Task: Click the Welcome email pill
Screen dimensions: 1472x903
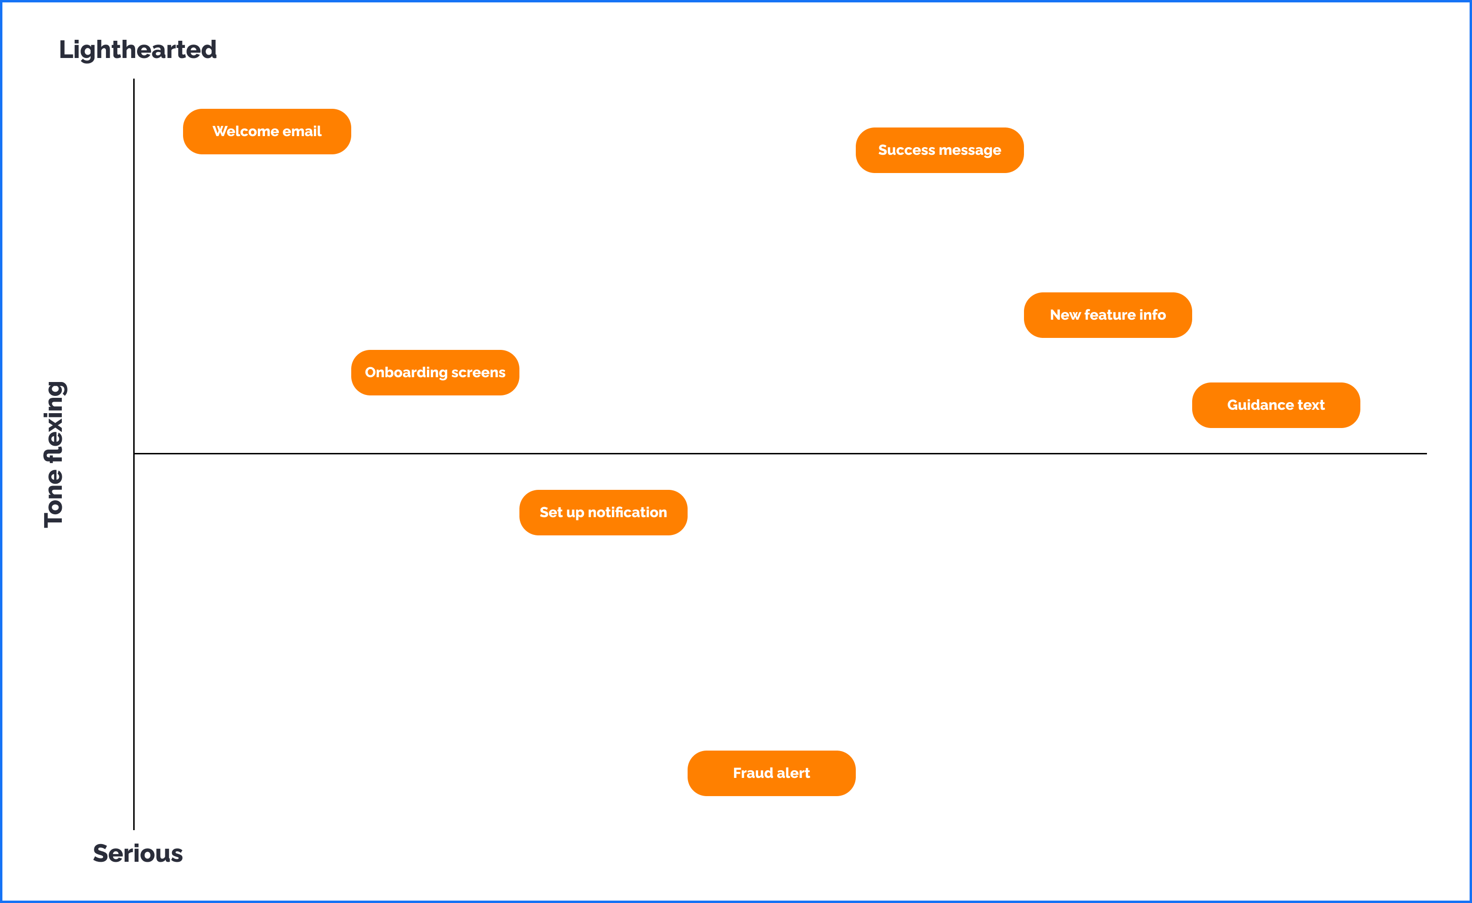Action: [x=266, y=131]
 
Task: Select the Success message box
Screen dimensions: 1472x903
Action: [x=939, y=150]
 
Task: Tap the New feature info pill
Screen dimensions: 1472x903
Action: [x=1107, y=315]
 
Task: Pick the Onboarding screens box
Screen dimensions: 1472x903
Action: [x=435, y=372]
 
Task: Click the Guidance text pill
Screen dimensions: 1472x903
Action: [x=1276, y=405]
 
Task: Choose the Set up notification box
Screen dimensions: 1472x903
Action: [x=603, y=513]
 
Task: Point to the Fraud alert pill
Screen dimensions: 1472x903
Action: [x=771, y=773]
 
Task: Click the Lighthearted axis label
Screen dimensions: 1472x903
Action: [x=138, y=49]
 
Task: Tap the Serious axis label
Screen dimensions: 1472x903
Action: [x=138, y=854]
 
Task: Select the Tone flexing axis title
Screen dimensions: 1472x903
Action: [x=54, y=454]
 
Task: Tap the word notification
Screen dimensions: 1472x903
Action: [x=627, y=513]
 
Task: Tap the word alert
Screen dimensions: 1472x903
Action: [x=793, y=773]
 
